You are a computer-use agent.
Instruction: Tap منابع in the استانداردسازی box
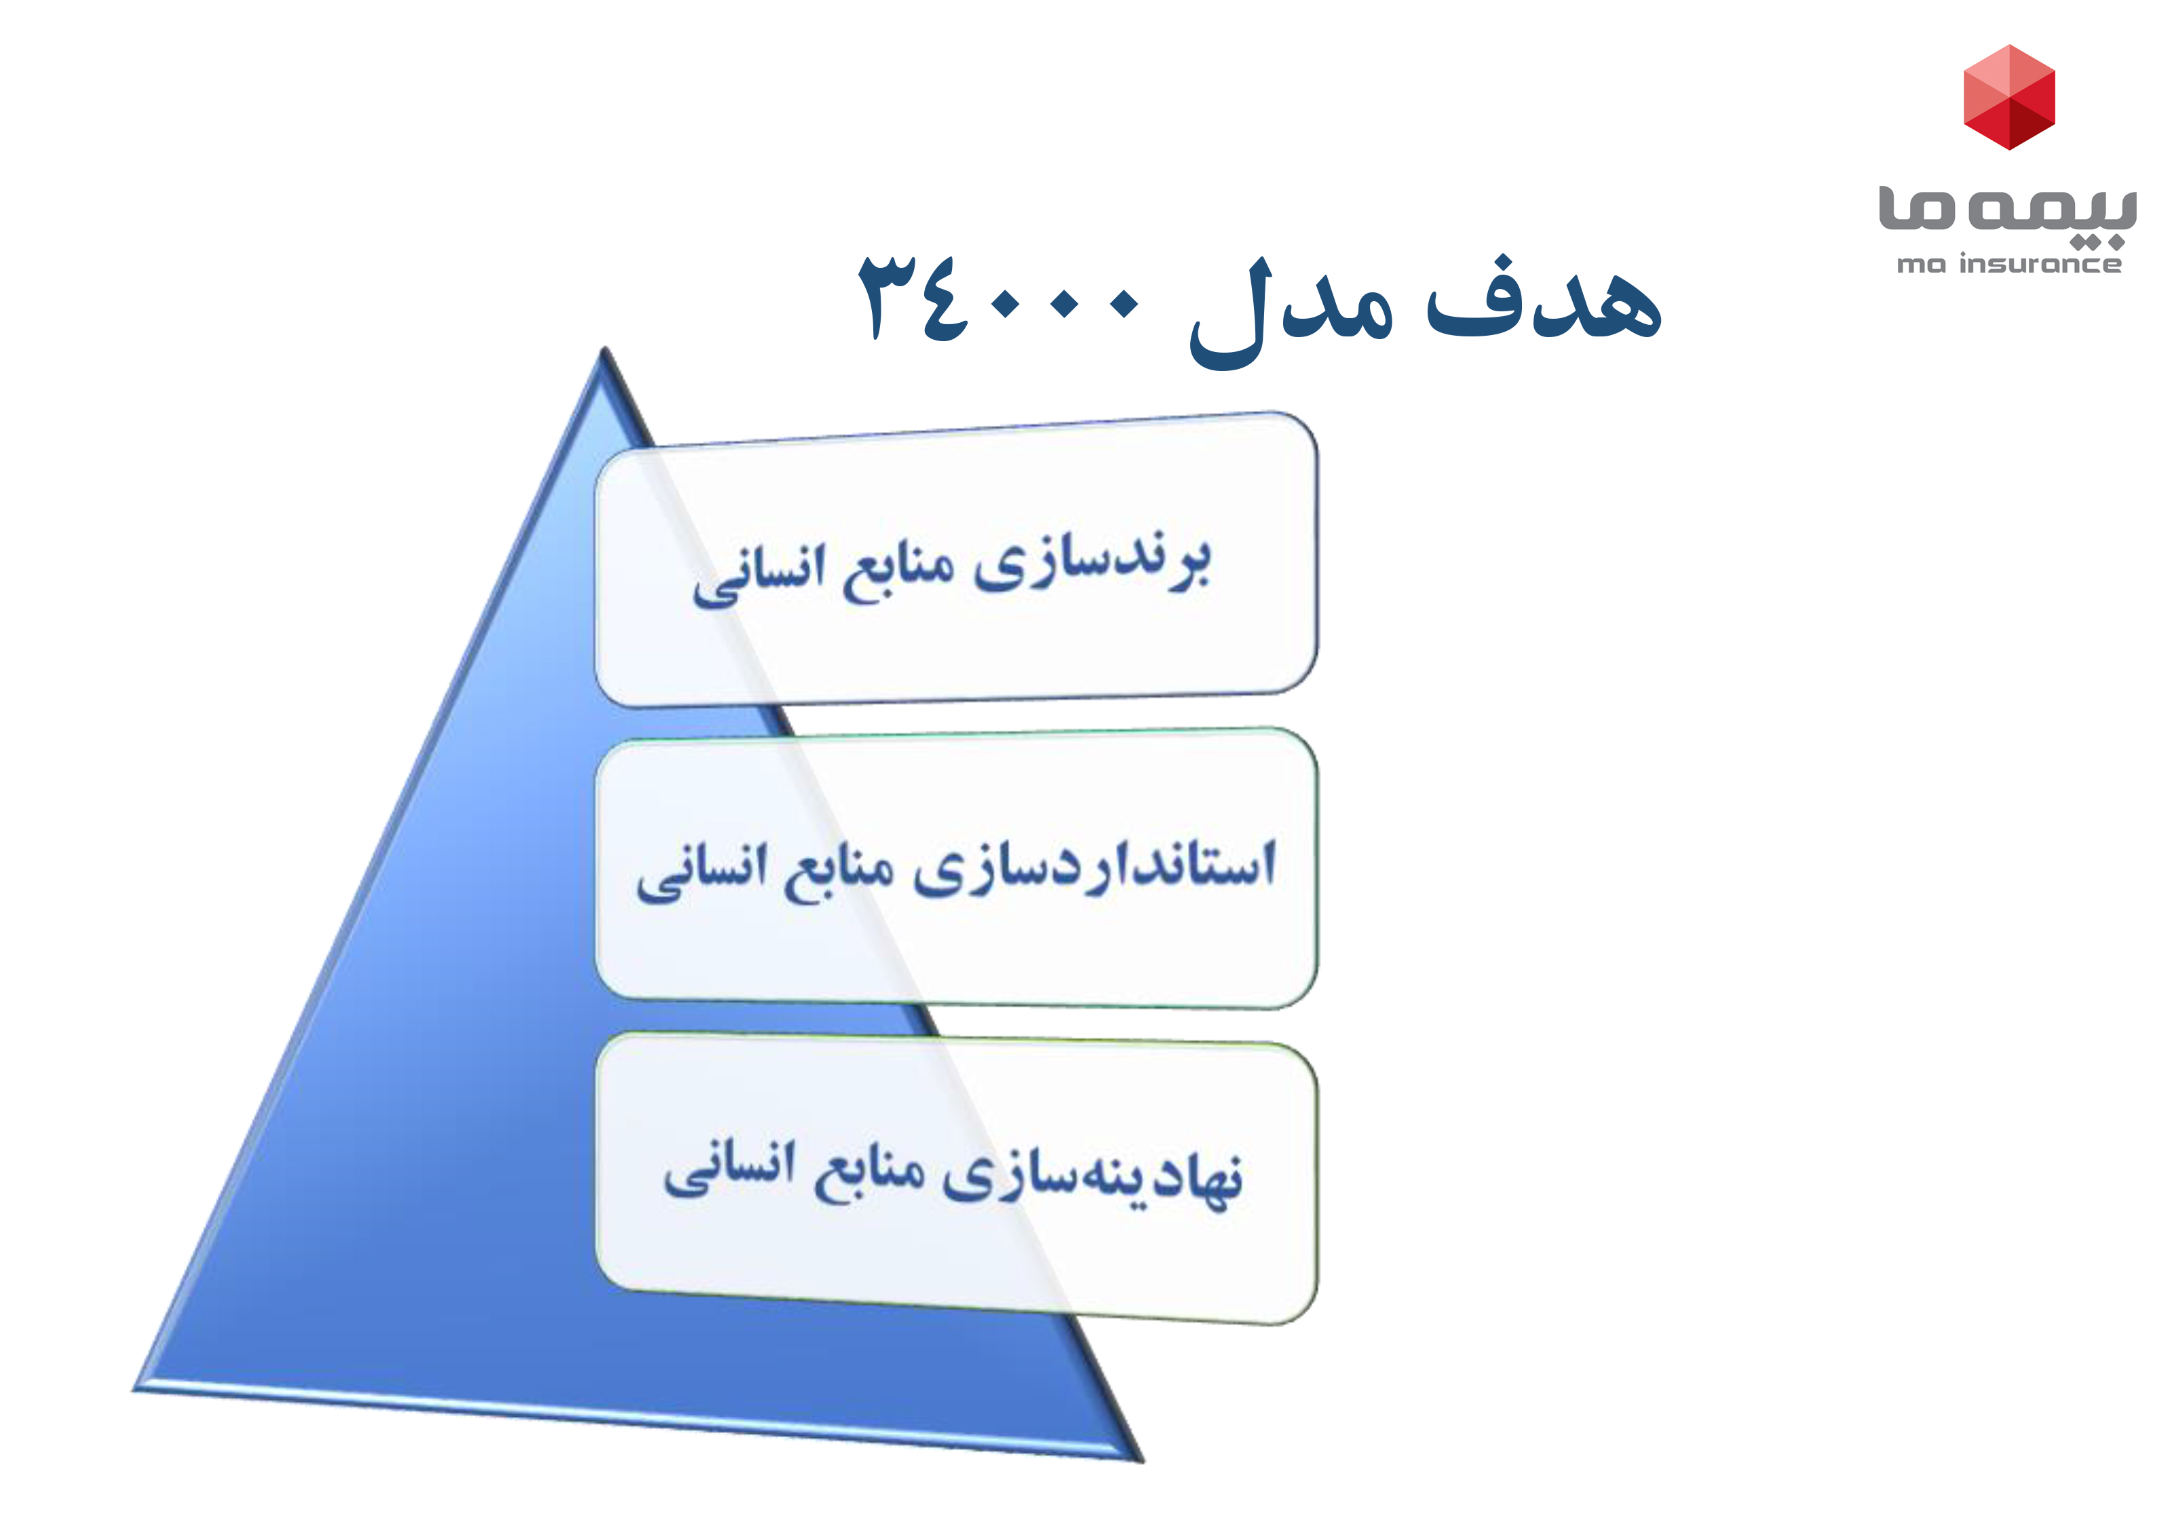tap(839, 871)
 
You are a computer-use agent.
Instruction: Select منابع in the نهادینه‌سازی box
tap(869, 1174)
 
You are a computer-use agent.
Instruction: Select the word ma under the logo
tap(1921, 266)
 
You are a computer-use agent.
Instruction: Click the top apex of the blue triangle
tap(604, 349)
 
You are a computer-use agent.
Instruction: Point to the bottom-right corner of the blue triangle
tap(1142, 1460)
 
